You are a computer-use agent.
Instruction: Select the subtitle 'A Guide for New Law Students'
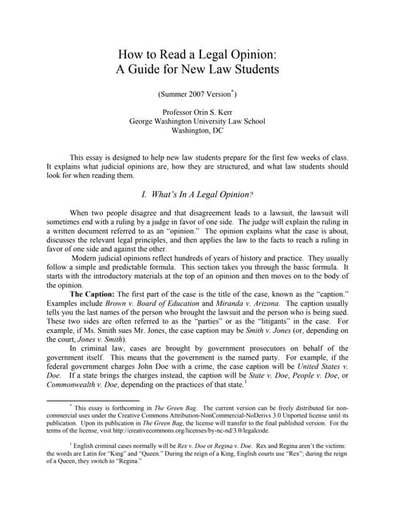197,70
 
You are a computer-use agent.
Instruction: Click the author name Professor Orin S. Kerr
197,113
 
